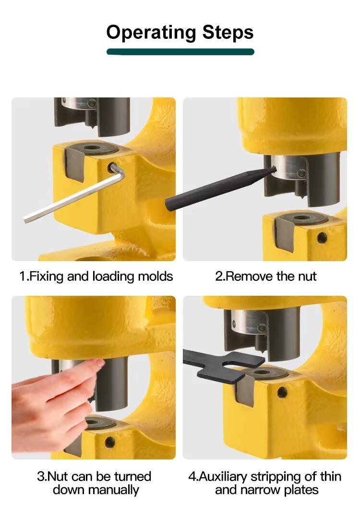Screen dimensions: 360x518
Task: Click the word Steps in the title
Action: [x=228, y=32]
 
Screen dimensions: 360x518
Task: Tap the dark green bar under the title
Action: [x=180, y=52]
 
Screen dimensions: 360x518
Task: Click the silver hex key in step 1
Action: [x=73, y=195]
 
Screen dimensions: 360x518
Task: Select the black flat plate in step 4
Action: [x=225, y=365]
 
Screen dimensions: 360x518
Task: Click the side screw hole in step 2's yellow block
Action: [x=322, y=237]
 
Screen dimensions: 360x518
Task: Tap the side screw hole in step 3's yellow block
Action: [x=109, y=442]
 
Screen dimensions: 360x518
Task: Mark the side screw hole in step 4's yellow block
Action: [x=282, y=393]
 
